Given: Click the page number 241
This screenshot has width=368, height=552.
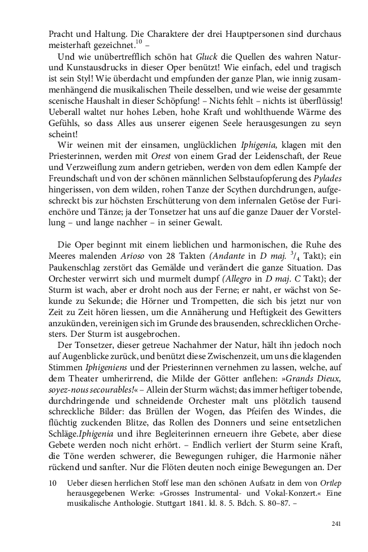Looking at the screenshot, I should tap(336, 523).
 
